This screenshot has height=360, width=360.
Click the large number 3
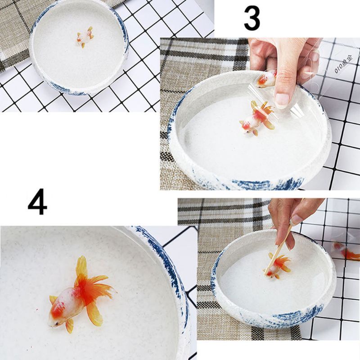(252, 18)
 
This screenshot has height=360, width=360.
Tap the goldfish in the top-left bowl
(85, 37)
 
